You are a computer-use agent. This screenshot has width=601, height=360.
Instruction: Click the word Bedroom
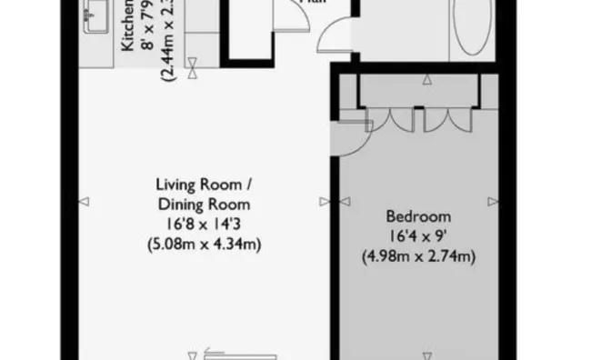coord(419,216)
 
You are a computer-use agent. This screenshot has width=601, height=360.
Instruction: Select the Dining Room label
coord(203,204)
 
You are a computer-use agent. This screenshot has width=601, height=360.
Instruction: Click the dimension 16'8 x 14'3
coord(203,224)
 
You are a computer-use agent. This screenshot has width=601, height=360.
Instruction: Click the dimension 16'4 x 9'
coord(419,236)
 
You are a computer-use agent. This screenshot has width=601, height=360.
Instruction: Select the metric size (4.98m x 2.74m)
coord(419,256)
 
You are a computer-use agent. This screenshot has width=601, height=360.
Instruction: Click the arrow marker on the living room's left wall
coord(83,201)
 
